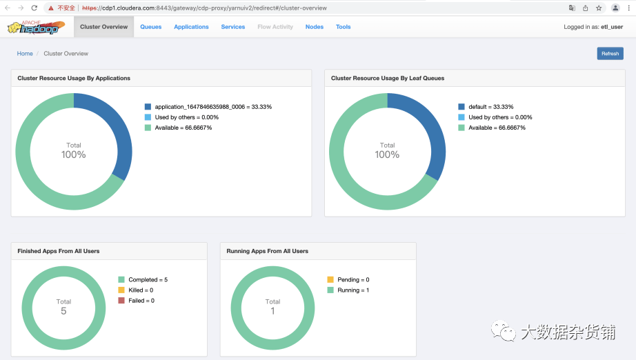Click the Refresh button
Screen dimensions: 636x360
tap(610, 54)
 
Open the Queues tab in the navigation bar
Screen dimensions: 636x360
tap(151, 27)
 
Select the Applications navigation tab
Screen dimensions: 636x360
tap(192, 27)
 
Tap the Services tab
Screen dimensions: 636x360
tap(233, 27)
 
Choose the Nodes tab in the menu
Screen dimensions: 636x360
tap(315, 27)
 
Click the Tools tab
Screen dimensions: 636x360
tap(343, 27)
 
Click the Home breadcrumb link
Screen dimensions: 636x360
tap(25, 54)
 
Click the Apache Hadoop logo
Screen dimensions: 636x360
tap(36, 27)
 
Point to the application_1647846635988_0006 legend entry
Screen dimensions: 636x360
tap(208, 107)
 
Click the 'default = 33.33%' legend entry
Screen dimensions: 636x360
tap(486, 107)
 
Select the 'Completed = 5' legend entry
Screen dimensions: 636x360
tap(143, 280)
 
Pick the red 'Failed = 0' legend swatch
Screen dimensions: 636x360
tap(121, 301)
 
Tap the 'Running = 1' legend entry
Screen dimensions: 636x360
tap(348, 290)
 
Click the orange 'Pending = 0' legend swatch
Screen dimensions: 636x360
tap(330, 279)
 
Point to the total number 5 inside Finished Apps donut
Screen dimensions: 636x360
tap(63, 311)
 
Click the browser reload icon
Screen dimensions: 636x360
tap(34, 8)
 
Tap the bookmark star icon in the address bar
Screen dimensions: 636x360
tap(599, 8)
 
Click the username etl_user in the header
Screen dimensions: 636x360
tap(612, 27)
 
